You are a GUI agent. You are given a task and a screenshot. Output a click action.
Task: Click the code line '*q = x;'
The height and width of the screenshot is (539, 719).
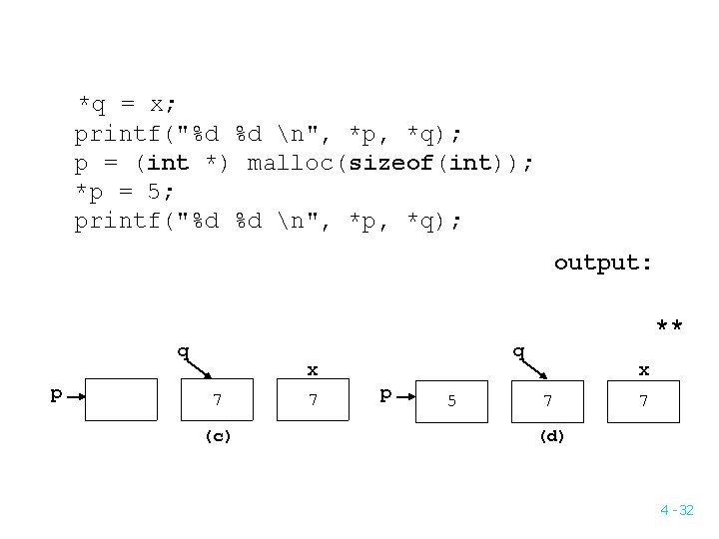[128, 104]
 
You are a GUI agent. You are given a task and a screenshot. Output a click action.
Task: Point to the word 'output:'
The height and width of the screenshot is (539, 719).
[603, 263]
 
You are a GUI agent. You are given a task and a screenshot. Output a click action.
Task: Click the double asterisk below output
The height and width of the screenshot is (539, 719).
[669, 326]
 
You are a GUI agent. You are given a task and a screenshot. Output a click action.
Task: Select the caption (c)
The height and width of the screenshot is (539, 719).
[218, 436]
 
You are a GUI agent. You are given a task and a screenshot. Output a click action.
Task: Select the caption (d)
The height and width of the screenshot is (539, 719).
[550, 436]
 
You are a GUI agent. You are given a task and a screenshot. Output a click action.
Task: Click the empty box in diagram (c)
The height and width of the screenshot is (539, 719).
[122, 400]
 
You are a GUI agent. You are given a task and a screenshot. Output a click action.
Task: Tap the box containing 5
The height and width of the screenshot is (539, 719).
[451, 400]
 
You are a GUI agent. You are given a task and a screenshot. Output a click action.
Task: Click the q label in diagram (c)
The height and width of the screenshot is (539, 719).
[183, 350]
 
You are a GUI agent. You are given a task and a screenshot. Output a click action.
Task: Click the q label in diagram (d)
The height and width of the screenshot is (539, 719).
[517, 350]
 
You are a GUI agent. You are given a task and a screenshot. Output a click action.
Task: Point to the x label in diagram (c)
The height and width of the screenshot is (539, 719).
[313, 370]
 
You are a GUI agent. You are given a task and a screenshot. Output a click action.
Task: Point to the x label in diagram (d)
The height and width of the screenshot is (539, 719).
[644, 370]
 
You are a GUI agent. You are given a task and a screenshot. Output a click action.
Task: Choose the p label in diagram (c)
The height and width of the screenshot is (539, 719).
[57, 393]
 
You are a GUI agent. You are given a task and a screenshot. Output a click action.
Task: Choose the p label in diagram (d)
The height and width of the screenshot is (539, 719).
[385, 393]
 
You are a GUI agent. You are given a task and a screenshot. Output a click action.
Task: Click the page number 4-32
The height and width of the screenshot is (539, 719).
[676, 510]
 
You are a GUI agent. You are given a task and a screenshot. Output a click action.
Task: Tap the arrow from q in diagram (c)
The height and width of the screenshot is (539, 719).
[200, 367]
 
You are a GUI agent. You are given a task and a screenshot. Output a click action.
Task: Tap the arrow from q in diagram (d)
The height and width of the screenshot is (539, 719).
[533, 367]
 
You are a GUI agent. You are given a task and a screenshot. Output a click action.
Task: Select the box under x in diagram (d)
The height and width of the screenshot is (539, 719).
[644, 400]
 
